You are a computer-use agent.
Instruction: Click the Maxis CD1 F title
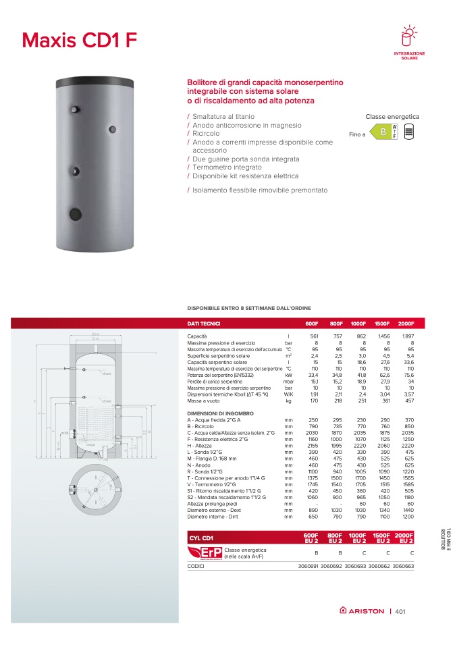[x=80, y=40]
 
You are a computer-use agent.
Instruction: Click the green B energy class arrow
[x=383, y=133]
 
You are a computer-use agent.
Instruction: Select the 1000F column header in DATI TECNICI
[x=358, y=323]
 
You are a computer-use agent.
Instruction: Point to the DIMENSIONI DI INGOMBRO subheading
[x=220, y=413]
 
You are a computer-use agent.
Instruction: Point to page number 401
[x=400, y=612]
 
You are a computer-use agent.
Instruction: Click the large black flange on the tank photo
[x=73, y=215]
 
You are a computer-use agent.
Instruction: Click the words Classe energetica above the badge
[x=392, y=117]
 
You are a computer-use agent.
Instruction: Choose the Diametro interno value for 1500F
[x=382, y=517]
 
